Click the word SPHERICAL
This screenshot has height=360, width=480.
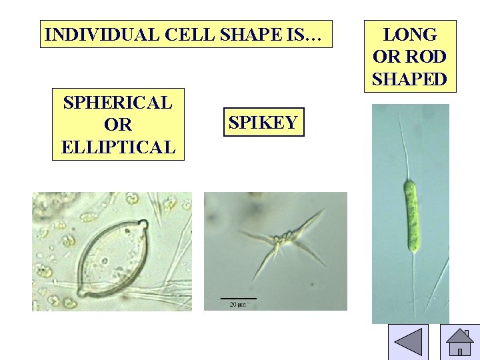(x=117, y=103)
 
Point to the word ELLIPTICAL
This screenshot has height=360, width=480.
(x=117, y=147)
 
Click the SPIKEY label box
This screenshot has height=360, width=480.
(x=263, y=122)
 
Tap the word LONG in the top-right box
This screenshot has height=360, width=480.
(x=410, y=35)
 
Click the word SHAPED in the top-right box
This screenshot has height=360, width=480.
(x=410, y=79)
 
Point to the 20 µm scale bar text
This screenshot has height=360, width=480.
(x=237, y=305)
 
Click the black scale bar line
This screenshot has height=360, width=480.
(x=238, y=298)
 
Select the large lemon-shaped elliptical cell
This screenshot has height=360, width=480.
(x=111, y=258)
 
